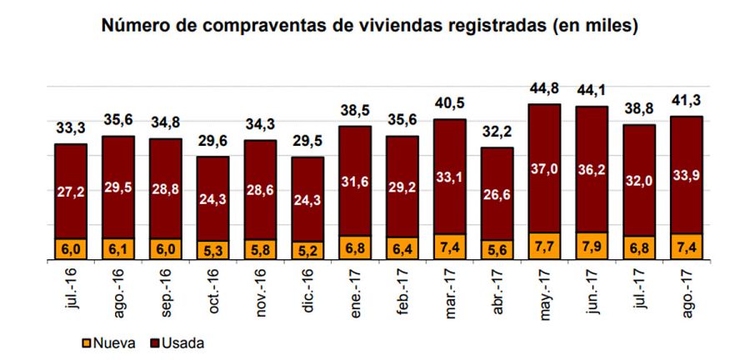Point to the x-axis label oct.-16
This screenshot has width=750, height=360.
click(x=214, y=292)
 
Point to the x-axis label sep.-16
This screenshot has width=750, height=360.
click(x=167, y=292)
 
